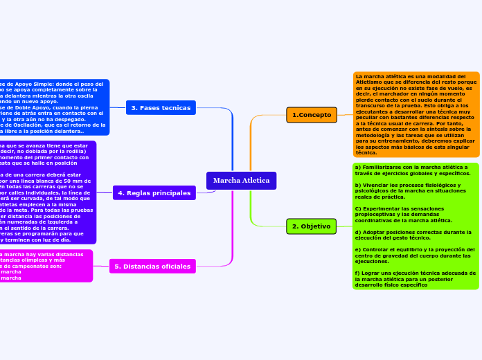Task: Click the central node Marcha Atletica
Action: pos(241,181)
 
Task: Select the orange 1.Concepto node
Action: pos(312,115)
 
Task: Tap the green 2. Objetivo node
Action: pos(311,226)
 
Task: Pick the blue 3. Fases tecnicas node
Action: pos(161,108)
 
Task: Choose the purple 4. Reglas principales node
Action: pos(154,192)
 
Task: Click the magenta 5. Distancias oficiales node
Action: pos(153,266)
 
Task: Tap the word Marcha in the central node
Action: pos(226,181)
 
